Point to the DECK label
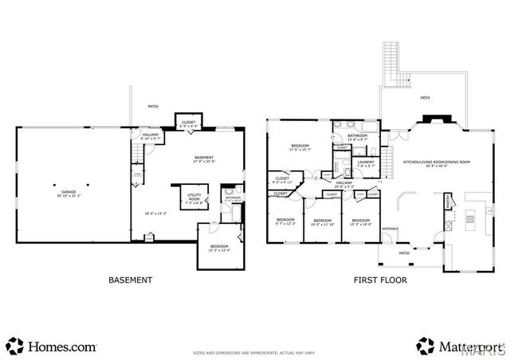click(x=425, y=98)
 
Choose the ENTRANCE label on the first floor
click(x=390, y=229)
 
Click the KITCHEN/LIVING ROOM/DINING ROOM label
click(x=437, y=162)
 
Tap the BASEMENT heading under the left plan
click(x=130, y=280)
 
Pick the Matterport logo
click(x=459, y=346)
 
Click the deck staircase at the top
click(x=391, y=65)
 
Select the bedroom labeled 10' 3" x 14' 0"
click(x=361, y=222)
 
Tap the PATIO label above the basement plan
click(x=153, y=106)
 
